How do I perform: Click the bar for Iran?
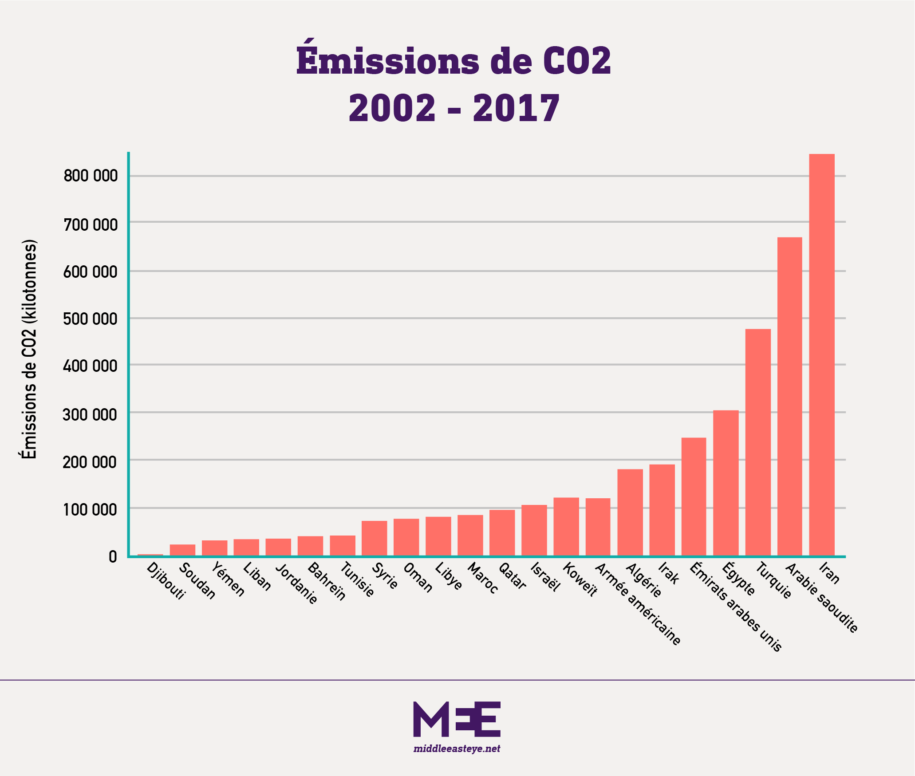point(822,355)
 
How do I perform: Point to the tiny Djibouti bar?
point(150,555)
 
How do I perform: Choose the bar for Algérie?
point(630,512)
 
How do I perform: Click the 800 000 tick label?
point(91,176)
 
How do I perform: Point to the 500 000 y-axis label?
point(91,319)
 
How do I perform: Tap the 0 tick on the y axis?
point(113,556)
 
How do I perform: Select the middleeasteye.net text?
point(457,749)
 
